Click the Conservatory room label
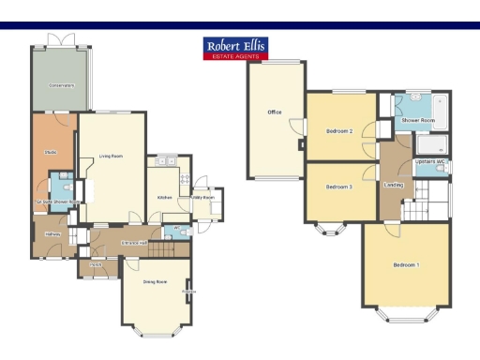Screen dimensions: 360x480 tap(62, 85)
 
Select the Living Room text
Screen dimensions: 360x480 tap(112, 157)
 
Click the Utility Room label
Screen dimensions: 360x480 tap(203, 198)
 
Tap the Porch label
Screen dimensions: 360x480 tap(97, 265)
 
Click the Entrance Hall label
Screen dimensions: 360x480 tap(136, 243)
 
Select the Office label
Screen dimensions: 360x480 tap(275, 112)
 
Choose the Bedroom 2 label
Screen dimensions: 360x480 tap(339, 131)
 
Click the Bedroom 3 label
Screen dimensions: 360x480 tap(339, 187)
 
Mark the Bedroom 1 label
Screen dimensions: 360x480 tap(406, 265)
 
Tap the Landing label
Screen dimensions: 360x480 tap(394, 185)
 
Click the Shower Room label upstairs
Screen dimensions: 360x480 tap(418, 121)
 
